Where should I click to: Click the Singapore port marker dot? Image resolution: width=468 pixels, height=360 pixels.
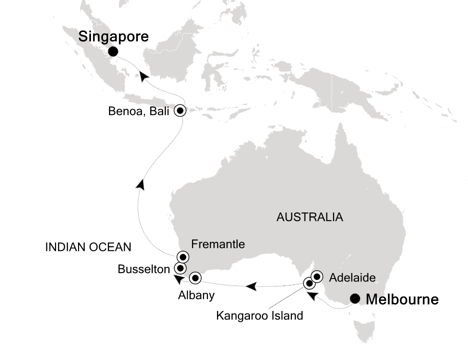(113, 51)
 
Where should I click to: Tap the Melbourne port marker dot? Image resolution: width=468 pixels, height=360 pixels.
(355, 299)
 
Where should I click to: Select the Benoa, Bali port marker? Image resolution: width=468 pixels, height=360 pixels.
(180, 111)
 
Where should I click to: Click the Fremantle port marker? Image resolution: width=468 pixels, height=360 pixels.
(182, 257)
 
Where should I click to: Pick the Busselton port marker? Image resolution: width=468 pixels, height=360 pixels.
(179, 267)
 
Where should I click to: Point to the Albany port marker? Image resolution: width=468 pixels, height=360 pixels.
(194, 276)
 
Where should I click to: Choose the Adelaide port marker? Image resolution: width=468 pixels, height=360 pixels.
(317, 276)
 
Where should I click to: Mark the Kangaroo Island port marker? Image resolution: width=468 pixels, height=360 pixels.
(309, 284)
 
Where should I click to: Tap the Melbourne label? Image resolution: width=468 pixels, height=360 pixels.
(402, 299)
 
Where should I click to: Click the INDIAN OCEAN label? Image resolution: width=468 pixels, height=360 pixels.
(88, 246)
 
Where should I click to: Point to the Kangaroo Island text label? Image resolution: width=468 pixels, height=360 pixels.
(259, 315)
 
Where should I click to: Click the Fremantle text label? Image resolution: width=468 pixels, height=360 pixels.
(218, 244)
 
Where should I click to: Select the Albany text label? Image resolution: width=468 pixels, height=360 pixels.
(196, 295)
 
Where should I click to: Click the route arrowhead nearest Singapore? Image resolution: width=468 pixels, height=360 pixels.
(144, 76)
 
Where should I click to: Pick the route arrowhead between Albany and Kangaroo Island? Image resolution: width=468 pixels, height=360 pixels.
(251, 286)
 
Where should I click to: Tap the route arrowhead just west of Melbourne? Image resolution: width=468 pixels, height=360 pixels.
(311, 296)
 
